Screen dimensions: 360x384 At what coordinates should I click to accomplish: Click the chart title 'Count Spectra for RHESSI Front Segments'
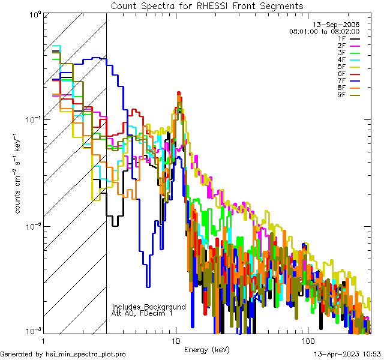coord(207,5)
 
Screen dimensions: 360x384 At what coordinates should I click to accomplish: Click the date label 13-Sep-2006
coord(340,25)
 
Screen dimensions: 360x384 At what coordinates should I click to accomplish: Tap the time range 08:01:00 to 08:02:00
coord(324,32)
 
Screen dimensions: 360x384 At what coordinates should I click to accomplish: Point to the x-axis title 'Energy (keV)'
coord(206,350)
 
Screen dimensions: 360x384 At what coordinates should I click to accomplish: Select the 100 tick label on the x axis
coord(307,341)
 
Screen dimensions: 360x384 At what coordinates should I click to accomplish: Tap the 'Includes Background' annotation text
coord(149,307)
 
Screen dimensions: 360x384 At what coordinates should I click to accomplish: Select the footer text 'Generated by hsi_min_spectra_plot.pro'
coord(63,355)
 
